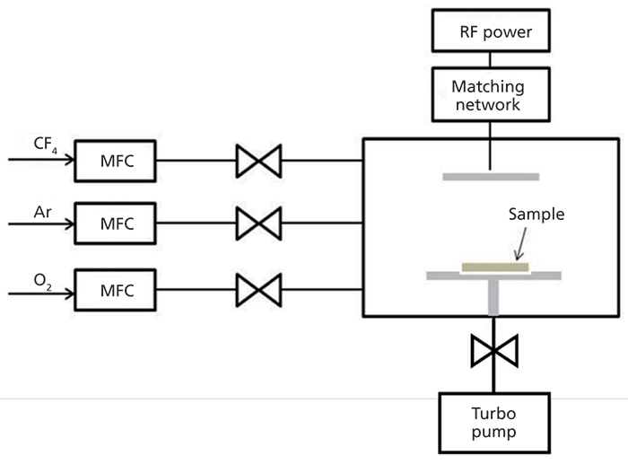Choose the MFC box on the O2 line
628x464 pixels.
click(x=115, y=291)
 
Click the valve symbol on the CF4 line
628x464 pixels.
click(x=257, y=162)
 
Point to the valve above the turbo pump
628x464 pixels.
click(x=491, y=351)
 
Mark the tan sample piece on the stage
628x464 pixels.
click(x=495, y=267)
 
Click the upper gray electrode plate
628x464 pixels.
click(x=491, y=176)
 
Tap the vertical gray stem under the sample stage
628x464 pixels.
click(x=491, y=297)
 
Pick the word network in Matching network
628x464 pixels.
click(x=491, y=105)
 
